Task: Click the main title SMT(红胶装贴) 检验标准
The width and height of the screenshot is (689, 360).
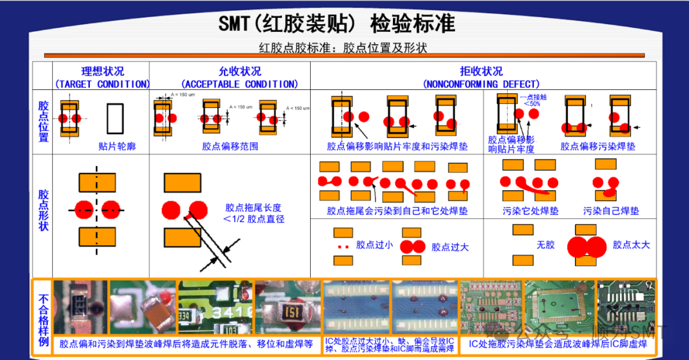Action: [x=336, y=24]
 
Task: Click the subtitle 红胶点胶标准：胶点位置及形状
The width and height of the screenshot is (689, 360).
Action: [x=343, y=48]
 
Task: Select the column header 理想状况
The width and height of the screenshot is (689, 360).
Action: [x=102, y=71]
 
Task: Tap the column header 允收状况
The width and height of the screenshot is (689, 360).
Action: [x=239, y=71]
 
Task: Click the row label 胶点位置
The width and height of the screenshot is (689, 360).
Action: [x=43, y=121]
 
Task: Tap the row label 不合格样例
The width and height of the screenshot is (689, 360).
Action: [x=43, y=318]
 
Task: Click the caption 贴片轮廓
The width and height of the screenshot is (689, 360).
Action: [x=117, y=146]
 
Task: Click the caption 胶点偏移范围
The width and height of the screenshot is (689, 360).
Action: [x=230, y=146]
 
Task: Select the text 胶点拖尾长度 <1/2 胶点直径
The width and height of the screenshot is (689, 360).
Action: [x=253, y=213]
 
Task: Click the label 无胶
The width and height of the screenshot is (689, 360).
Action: [x=545, y=244]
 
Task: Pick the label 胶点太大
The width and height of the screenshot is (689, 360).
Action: [x=631, y=244]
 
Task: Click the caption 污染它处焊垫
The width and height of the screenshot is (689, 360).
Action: [x=531, y=211]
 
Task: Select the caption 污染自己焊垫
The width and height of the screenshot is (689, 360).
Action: [x=611, y=211]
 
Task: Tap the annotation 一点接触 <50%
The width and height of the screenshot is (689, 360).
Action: [x=531, y=100]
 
